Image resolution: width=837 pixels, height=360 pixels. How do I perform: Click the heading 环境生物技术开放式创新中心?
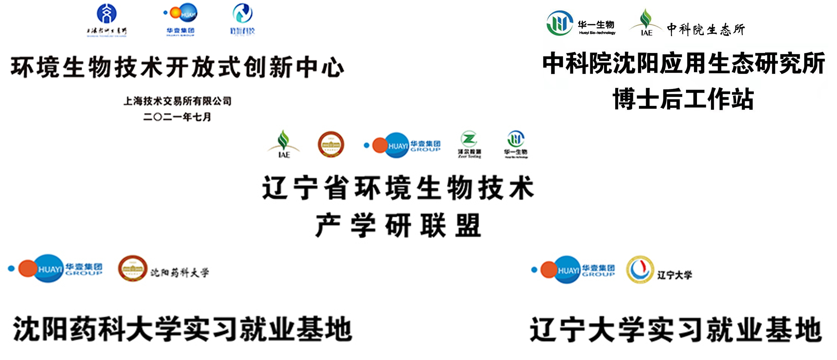click(177, 67)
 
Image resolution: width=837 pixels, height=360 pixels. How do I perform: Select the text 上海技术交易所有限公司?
click(177, 101)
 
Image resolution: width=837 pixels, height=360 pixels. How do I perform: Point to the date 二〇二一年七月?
click(177, 117)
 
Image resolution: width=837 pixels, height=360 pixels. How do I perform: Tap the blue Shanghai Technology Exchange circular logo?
click(107, 14)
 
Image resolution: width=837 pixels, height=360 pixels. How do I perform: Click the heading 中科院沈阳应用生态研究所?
click(683, 63)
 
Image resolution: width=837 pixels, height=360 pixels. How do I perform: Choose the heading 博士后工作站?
click(683, 99)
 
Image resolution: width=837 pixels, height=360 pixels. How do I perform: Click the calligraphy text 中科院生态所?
click(706, 29)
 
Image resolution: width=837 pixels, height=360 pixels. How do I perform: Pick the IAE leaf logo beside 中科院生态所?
click(646, 23)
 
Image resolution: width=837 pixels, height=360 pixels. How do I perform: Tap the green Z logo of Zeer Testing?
click(469, 139)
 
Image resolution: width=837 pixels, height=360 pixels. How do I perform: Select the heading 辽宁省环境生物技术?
click(398, 188)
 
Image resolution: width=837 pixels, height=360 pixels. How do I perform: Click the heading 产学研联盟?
click(398, 225)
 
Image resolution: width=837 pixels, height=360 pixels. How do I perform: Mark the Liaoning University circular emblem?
click(640, 269)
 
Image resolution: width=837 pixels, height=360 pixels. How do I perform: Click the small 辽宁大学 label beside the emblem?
click(674, 275)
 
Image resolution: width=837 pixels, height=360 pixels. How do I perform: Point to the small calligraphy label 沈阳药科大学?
click(180, 273)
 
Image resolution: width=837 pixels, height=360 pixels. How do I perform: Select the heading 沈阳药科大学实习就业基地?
click(183, 329)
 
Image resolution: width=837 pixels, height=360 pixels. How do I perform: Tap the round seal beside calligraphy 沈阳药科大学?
click(133, 268)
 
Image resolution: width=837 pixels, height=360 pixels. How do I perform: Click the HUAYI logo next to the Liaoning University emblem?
click(573, 270)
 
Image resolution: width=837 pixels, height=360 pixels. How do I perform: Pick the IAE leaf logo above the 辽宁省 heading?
click(284, 144)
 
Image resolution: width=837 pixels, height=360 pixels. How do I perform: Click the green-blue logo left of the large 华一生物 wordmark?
click(560, 23)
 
